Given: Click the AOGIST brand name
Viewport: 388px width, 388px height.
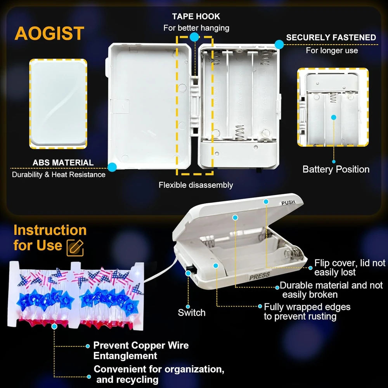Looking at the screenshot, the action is click(x=50, y=33).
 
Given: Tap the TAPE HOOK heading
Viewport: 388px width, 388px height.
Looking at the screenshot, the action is click(x=196, y=16).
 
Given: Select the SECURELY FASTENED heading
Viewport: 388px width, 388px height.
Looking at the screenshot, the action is click(x=331, y=37).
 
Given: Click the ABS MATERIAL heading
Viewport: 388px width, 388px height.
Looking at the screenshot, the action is click(x=63, y=163).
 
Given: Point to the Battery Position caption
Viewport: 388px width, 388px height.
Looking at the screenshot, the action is click(x=336, y=169).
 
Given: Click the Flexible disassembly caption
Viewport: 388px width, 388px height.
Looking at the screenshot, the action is click(x=196, y=185).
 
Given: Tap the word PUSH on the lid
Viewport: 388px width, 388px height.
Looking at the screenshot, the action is click(x=288, y=203).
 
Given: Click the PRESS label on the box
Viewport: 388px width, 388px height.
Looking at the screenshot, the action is click(x=259, y=276).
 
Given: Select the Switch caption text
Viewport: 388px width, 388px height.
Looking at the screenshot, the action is click(x=192, y=312).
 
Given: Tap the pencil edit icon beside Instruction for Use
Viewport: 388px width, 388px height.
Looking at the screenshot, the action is click(x=75, y=248).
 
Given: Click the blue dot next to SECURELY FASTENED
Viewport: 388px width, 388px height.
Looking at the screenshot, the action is click(x=279, y=45).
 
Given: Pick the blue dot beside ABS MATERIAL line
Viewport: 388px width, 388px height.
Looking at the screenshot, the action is click(x=112, y=167).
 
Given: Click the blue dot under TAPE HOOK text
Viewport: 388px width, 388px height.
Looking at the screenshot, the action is click(x=194, y=37).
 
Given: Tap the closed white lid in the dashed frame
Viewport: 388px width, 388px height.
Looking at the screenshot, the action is click(x=58, y=104).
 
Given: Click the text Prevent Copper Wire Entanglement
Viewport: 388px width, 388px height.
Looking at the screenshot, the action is click(x=141, y=350).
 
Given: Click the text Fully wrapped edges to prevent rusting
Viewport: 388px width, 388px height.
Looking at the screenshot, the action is click(x=307, y=312).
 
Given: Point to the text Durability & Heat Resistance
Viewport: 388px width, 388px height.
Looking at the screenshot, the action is click(x=59, y=175).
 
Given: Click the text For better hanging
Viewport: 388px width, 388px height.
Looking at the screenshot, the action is click(x=196, y=28).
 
